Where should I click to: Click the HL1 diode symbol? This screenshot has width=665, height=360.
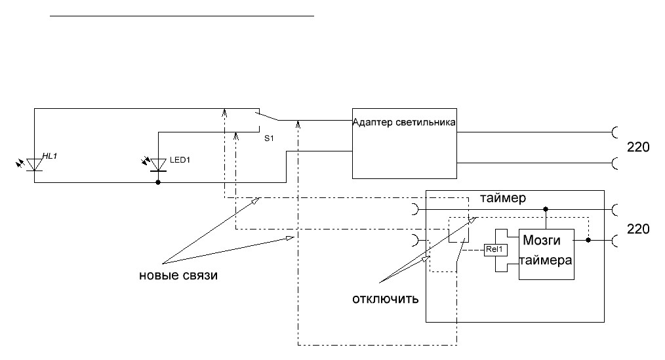pos(34,164)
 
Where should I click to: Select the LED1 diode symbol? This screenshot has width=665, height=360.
pos(157,165)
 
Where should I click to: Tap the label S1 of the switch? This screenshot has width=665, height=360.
pos(268,139)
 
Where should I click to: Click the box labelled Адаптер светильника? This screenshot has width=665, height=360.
pos(404,142)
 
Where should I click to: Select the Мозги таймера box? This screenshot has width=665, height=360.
pos(546,254)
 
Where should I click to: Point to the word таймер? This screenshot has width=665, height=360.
pos(503,197)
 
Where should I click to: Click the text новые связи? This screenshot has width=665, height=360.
pos(178,275)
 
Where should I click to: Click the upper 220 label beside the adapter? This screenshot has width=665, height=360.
pos(638,148)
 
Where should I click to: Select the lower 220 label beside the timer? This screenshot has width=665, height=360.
pos(638,229)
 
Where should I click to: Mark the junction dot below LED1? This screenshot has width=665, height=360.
pos(157,182)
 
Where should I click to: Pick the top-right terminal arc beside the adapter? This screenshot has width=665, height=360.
pos(616,132)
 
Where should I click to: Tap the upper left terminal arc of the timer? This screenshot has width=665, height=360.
pos(414,210)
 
